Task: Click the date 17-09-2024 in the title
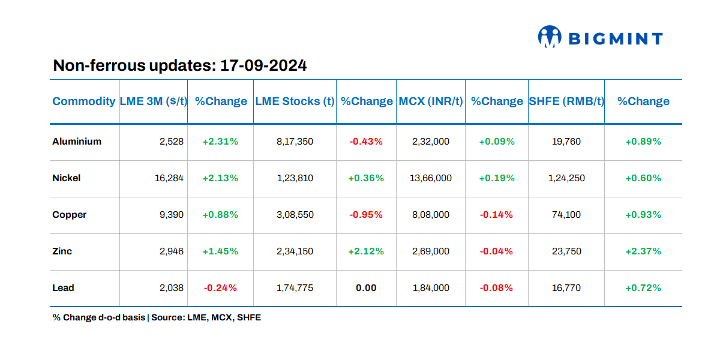[263, 65]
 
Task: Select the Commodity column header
[84, 101]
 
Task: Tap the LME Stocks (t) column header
[295, 101]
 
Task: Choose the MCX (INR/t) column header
[431, 101]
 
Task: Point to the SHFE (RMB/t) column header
[566, 101]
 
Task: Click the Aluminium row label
[77, 142]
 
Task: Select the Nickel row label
[67, 178]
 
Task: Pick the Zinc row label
[62, 251]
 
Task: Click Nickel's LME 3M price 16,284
[169, 178]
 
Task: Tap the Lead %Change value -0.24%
[220, 288]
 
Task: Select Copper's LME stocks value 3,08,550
[295, 215]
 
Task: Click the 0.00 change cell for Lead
[366, 288]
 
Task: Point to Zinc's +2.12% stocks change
[366, 251]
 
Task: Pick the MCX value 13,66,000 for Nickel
[431, 178]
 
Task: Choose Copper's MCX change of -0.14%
[496, 215]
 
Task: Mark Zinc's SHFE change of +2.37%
[643, 251]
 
